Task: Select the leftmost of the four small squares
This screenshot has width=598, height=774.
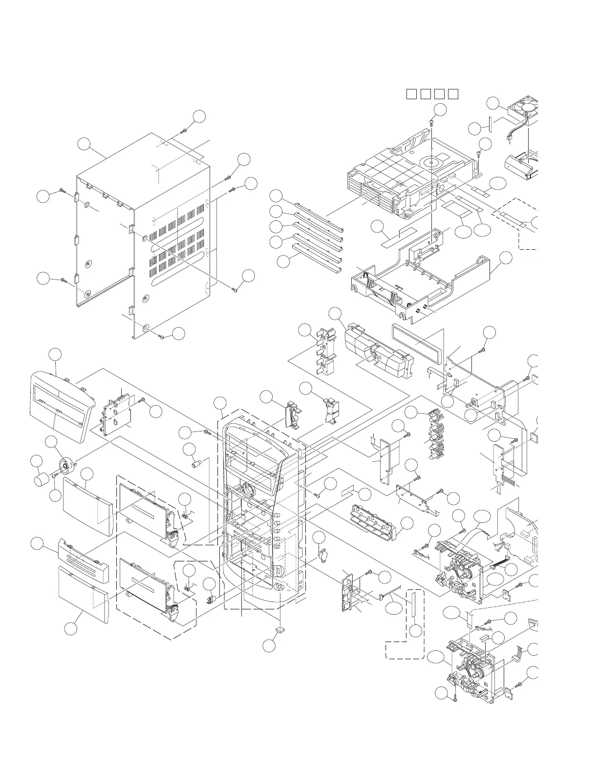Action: click(411, 94)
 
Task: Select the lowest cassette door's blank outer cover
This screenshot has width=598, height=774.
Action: click(83, 594)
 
